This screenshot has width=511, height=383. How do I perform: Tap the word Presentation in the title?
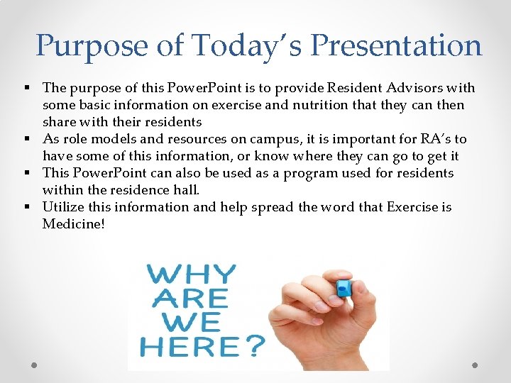[396, 46]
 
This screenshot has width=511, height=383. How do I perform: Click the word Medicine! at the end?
[73, 224]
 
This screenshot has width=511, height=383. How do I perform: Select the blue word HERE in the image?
[189, 347]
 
